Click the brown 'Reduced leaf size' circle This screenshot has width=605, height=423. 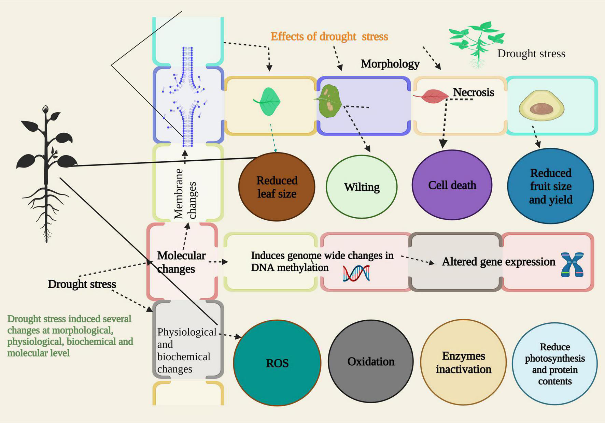click(x=277, y=187)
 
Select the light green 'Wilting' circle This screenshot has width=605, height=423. click(x=362, y=187)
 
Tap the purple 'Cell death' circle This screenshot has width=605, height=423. click(x=452, y=185)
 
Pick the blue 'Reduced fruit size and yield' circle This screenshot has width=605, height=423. click(x=550, y=186)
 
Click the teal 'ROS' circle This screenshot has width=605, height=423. click(x=277, y=363)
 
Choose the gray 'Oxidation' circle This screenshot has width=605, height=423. click(x=371, y=362)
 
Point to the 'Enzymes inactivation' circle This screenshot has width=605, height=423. click(x=463, y=362)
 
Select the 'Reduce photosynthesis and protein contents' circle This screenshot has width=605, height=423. click(x=555, y=364)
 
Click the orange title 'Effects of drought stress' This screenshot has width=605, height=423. click(x=329, y=37)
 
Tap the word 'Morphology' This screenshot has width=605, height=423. click(x=390, y=64)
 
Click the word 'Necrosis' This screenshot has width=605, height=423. click(x=473, y=92)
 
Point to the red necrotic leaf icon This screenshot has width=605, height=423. click(x=431, y=97)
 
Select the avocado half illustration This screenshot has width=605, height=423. click(x=541, y=106)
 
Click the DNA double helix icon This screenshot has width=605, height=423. click(x=356, y=273)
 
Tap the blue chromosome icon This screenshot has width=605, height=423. click(x=572, y=264)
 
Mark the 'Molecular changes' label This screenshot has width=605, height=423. click(x=181, y=262)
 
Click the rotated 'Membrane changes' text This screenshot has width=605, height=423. click(x=185, y=194)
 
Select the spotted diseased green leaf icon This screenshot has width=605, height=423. click(x=329, y=102)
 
